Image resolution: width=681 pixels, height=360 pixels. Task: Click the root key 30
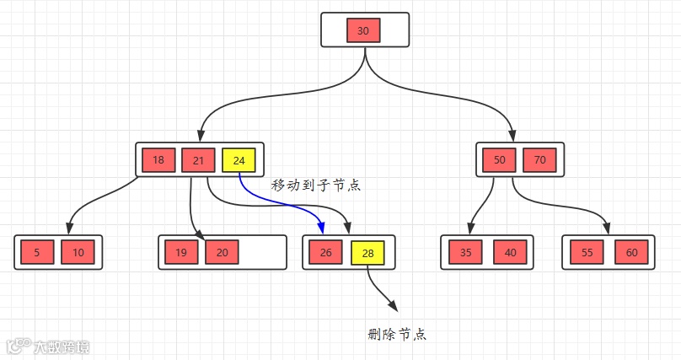point(363,30)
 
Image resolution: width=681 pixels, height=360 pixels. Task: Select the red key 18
point(158,160)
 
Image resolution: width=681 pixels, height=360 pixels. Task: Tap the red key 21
point(198,160)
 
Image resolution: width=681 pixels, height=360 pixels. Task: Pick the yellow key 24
point(239,160)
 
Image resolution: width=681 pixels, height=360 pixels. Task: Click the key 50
point(499,160)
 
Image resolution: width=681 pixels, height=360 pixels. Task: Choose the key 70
point(539,160)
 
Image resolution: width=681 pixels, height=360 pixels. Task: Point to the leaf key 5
point(36,252)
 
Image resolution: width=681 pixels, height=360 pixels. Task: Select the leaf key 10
point(78,252)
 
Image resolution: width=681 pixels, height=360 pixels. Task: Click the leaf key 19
point(181,252)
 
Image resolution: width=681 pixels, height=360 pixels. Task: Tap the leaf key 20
point(222,252)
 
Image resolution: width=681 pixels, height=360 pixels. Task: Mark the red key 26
point(326,252)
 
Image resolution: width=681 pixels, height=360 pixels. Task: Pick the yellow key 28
point(367,252)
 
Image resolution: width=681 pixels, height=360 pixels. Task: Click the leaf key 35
point(466,252)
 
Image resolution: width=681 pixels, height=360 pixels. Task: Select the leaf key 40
point(510,252)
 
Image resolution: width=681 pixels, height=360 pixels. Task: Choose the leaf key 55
point(587,252)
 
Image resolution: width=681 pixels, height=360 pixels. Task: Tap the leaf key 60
point(631,252)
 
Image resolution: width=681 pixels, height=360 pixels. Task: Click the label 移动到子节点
point(316,185)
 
